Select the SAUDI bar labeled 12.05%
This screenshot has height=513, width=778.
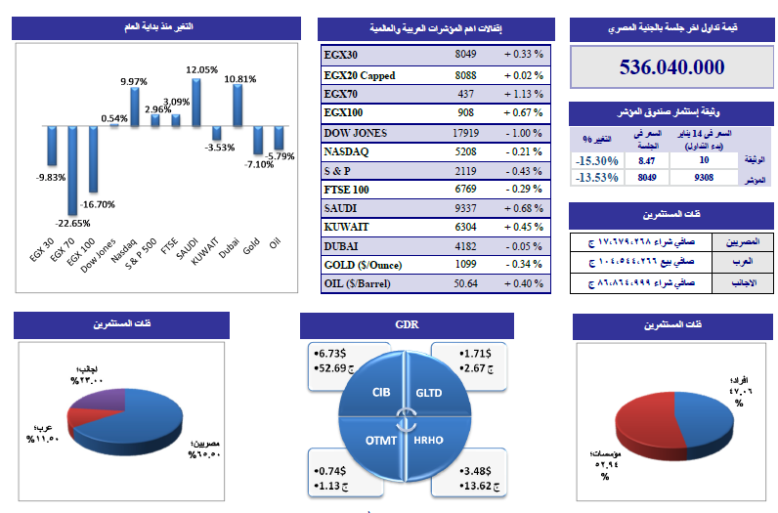coord(195,103)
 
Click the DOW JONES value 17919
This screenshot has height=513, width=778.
coord(465,133)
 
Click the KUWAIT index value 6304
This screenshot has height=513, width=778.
coord(465,226)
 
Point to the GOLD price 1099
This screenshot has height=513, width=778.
coord(465,264)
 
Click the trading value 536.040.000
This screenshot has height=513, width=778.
coord(671,67)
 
